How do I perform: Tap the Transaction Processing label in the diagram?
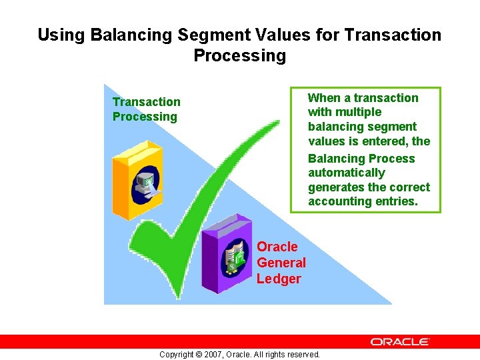pos(146,109)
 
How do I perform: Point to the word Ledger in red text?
pos(279,279)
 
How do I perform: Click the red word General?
pos(281,263)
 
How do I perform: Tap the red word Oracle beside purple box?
pos(277,247)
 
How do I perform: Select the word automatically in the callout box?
pos(347,173)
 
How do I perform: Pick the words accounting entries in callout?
pos(363,201)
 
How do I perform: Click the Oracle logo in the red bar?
pos(400,341)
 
